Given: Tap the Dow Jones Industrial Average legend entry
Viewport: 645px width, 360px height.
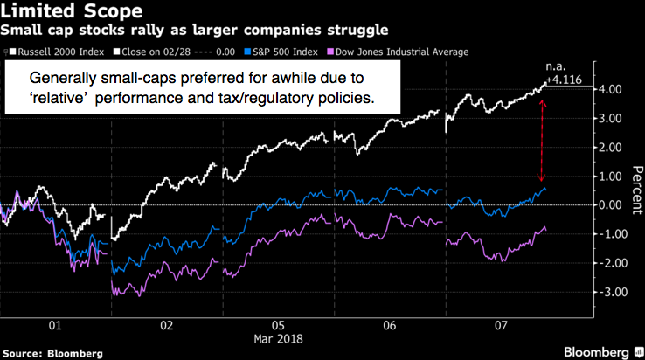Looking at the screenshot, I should coord(401,52).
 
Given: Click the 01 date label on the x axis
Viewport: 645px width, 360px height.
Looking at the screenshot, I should coord(55,324).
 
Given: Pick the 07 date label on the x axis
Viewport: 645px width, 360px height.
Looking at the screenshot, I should coord(501,324).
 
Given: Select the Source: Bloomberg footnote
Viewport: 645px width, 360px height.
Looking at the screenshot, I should coord(52,352).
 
